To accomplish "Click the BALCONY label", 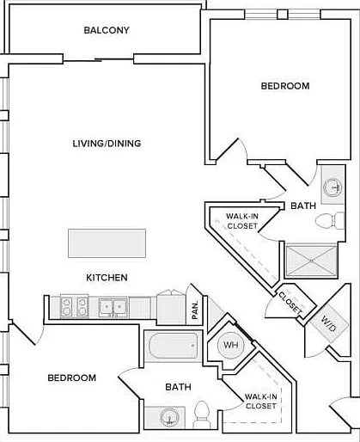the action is tap(107, 30).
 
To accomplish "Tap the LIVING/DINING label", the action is tap(107, 144).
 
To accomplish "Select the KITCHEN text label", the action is tap(107, 278).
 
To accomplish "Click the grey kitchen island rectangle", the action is tap(107, 243).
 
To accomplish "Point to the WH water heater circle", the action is tap(231, 345).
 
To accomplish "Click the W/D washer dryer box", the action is tap(328, 323).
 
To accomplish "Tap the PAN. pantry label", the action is tap(195, 310).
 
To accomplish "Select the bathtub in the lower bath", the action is tap(174, 345).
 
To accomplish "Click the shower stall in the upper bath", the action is tap(312, 261).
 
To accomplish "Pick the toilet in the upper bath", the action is tap(330, 221).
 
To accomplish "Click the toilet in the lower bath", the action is tap(202, 414).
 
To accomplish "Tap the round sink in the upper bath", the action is tap(333, 187).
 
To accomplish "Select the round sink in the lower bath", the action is tap(169, 417).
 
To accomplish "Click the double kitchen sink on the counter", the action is tap(113, 308).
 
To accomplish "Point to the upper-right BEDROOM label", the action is tap(285, 86).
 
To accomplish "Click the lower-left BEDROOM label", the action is tap(72, 378).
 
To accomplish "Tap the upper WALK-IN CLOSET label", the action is tap(242, 221).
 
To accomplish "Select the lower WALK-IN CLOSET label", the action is tap(261, 402).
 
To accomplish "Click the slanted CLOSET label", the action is tap(290, 303).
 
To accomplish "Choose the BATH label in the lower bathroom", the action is tap(178, 387).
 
